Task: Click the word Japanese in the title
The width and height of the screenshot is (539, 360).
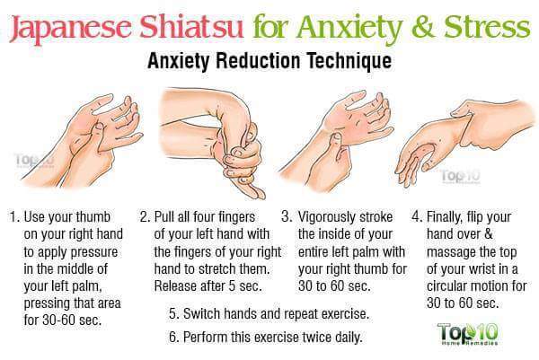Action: [x=70, y=28]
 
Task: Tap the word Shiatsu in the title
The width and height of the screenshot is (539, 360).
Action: [x=191, y=26]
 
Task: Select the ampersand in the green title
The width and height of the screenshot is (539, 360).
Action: [x=424, y=27]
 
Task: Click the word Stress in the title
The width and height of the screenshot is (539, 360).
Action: [x=487, y=27]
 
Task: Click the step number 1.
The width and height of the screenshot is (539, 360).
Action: [x=13, y=217]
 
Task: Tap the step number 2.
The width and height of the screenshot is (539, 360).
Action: [x=145, y=217]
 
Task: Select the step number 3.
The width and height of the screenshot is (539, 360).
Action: [x=287, y=217]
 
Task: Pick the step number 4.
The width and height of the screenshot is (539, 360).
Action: [x=417, y=217]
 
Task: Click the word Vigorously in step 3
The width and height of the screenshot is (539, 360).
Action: [x=327, y=218]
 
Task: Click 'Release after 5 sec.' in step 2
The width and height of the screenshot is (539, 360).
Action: [x=208, y=285]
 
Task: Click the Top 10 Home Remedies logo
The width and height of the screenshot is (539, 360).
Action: [x=468, y=334]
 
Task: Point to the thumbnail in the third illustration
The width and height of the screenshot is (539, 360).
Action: [x=336, y=137]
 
